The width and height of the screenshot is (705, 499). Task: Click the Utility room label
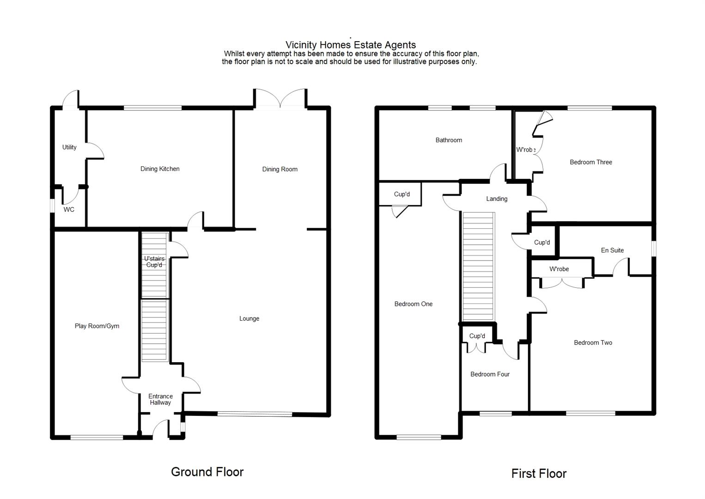point(69,147)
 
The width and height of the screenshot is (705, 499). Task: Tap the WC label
point(69,210)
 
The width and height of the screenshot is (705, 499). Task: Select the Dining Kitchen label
point(160,169)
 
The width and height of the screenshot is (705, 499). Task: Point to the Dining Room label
point(280,170)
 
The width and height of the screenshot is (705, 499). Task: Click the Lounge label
point(249,319)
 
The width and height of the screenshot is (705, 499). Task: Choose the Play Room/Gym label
point(97,326)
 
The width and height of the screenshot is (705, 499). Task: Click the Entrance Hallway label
point(160,400)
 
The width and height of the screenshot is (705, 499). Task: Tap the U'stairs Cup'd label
point(154,262)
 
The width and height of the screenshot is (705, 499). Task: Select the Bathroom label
point(449,140)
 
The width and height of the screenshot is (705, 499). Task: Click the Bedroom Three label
point(590,162)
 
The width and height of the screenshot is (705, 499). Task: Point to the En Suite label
point(612,250)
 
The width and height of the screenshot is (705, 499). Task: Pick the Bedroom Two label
point(593,343)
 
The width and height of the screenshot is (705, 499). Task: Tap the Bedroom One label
point(413,304)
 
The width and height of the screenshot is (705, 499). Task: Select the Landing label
point(497,199)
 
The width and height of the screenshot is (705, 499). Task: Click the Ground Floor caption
point(207,472)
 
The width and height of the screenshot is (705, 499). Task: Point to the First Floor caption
point(539,474)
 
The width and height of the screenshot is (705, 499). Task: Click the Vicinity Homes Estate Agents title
point(350,45)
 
